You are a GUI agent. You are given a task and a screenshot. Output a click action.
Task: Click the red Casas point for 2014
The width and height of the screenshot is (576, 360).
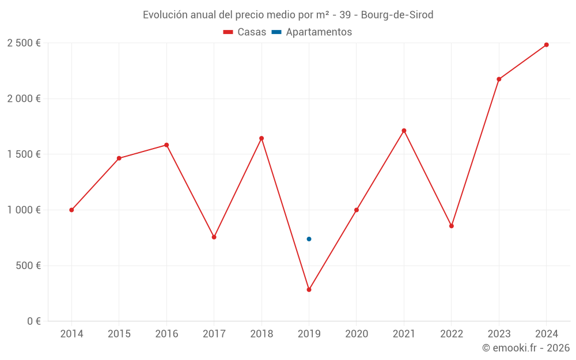(71, 210)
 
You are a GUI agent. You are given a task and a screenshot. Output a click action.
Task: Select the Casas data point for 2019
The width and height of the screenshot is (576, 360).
(309, 290)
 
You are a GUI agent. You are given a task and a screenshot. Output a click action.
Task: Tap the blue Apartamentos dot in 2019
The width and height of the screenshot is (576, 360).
(309, 239)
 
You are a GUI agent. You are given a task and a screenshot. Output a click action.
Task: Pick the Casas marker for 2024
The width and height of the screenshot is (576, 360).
(546, 45)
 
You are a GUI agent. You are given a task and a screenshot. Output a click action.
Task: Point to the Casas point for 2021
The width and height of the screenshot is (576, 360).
(404, 131)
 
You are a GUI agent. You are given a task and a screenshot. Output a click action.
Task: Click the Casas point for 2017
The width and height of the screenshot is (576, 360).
(214, 237)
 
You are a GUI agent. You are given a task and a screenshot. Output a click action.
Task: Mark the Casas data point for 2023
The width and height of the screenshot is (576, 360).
(499, 79)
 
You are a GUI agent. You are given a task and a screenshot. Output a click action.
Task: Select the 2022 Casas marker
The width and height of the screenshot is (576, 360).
(452, 226)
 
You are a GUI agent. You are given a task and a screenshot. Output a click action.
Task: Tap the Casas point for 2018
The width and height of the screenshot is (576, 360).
(262, 138)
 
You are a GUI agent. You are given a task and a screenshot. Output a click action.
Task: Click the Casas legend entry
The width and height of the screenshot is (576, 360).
(245, 32)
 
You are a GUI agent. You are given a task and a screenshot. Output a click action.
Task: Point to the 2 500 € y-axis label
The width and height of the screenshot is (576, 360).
(24, 43)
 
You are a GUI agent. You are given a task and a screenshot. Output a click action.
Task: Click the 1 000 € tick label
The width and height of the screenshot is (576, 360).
(24, 210)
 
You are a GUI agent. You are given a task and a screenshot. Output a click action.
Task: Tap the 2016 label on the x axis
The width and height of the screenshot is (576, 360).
(166, 334)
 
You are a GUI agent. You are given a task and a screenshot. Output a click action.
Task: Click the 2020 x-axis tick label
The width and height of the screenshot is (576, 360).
(357, 334)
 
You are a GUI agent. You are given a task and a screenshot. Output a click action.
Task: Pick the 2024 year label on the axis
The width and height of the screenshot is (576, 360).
(546, 334)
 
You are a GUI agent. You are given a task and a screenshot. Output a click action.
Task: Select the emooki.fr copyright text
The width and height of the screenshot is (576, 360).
(526, 348)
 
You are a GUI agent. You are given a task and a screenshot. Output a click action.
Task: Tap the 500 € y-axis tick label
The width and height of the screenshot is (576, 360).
(28, 266)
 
